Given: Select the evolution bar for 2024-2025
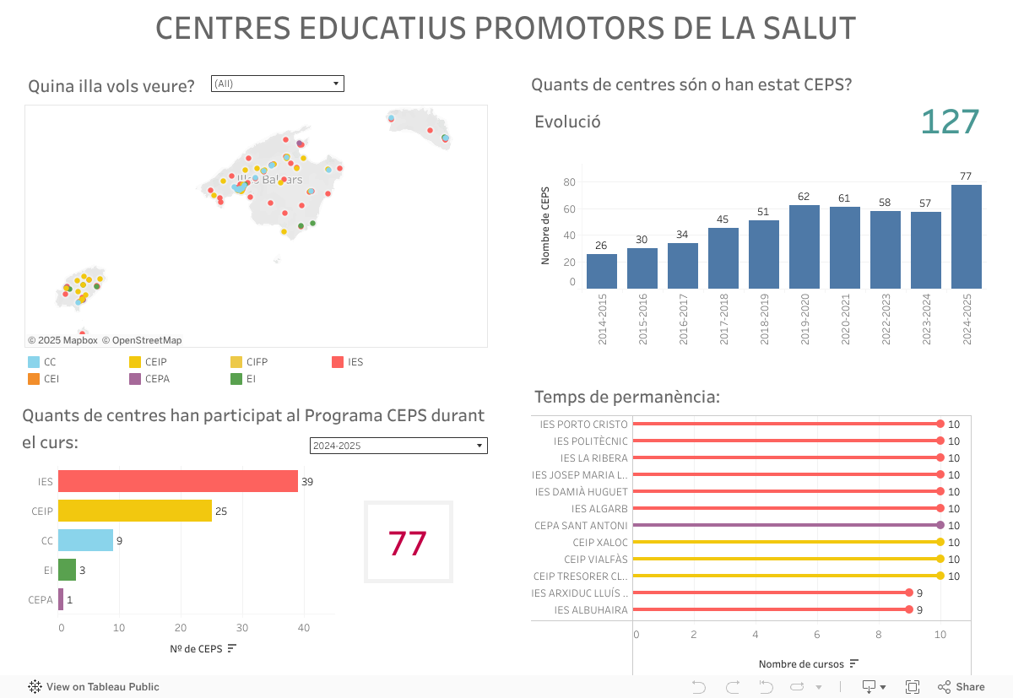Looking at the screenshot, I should coord(966,236).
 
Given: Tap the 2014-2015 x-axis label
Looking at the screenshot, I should coord(603,319).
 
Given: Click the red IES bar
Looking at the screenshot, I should coord(178,481).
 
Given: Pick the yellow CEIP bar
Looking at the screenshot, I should coord(135,511).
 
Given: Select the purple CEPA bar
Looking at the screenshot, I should coord(61,600).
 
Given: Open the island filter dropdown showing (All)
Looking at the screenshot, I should coord(277,84).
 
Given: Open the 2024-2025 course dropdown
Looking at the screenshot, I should coord(398,446).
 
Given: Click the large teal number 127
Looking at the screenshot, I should coord(950,122).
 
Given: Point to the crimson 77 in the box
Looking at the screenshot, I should coord(408,544).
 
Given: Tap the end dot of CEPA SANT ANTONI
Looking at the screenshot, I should coord(940,525).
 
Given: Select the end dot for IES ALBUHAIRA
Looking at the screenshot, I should coord(909,609).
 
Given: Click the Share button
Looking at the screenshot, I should coord(962,687).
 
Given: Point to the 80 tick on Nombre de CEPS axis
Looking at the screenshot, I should coord(569,182).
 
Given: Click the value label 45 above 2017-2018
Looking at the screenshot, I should coord(723,219).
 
